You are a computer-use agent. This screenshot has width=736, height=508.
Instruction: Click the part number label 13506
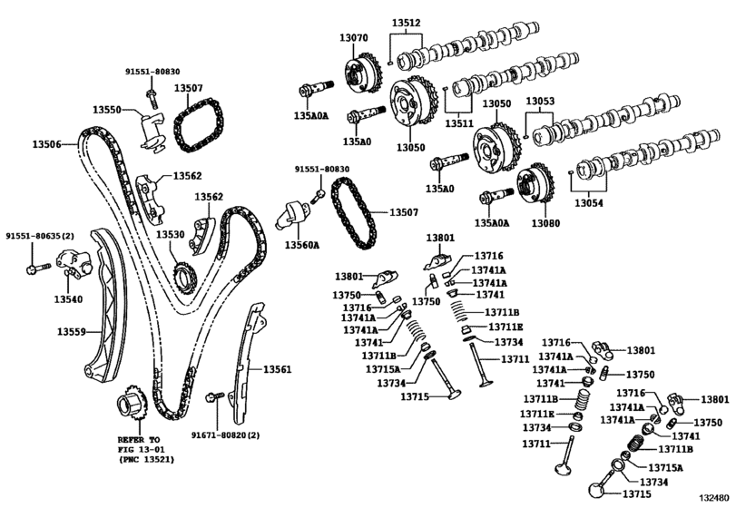(x=47, y=144)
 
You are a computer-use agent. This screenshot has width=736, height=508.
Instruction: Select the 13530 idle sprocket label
(x=170, y=235)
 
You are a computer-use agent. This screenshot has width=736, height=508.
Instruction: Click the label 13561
(x=278, y=369)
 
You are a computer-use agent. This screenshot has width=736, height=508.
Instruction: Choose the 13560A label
(x=302, y=245)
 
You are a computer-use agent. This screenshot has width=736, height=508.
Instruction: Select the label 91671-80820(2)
(x=225, y=435)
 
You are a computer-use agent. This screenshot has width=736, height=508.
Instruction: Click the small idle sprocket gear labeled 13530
(x=181, y=273)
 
